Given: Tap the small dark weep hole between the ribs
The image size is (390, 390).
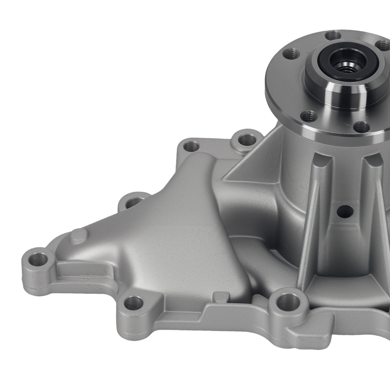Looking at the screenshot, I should click(345, 211).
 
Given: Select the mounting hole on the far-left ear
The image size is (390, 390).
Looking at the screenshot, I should click(37, 259).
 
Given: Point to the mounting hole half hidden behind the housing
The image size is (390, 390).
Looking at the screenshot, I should click(135, 202).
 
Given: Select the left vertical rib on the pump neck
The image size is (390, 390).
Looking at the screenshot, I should click(312, 218).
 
